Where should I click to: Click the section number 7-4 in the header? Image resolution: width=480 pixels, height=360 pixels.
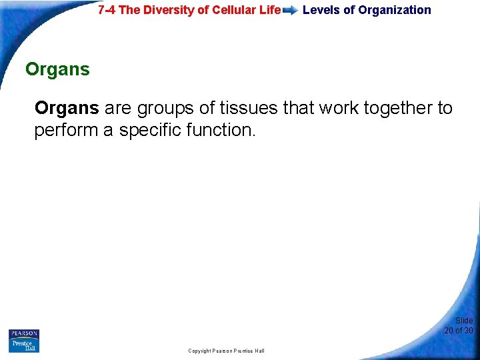coord(109,10)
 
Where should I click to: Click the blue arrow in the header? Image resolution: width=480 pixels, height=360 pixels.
coord(290,11)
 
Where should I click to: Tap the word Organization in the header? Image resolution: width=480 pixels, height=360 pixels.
coord(395,10)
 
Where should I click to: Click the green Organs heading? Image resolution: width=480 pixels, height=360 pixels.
coord(57,69)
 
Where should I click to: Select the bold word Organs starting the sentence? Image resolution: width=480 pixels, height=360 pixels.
coord(67,108)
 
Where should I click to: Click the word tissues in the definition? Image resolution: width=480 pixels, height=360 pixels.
coord(249,108)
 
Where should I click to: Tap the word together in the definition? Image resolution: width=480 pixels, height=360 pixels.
coord(402,108)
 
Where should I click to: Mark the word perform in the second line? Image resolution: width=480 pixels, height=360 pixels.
coord(65,131)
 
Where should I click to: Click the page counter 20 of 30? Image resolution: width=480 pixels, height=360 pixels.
coord(459,331)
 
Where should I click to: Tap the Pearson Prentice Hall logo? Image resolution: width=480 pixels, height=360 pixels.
coord(24,341)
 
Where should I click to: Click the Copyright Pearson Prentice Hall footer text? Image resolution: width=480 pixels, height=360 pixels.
coord(226,351)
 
